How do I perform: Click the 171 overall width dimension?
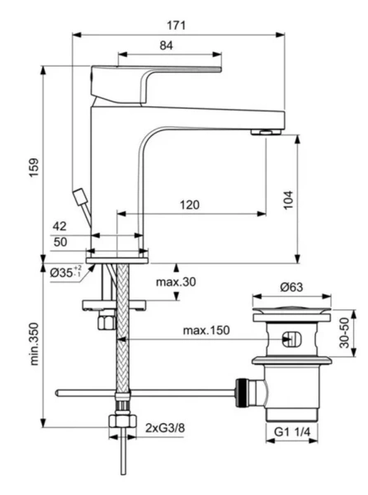pos(179,25)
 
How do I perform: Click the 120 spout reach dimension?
pos(191,204)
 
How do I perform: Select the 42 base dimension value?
pos(59,226)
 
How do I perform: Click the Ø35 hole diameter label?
pos(65,272)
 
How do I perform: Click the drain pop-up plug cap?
pos(293,311)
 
